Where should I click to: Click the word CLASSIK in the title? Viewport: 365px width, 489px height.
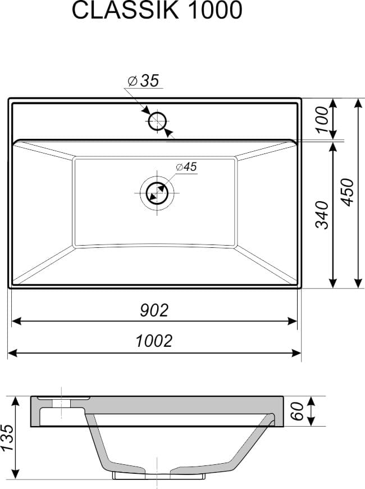click(x=125, y=10)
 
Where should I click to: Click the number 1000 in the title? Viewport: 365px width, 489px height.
click(x=215, y=10)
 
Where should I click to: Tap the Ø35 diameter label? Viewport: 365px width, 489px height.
click(x=143, y=81)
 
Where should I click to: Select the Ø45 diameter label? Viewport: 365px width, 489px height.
click(x=186, y=167)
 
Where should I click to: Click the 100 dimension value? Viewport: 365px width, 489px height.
click(x=322, y=120)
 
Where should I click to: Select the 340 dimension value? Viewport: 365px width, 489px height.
click(x=322, y=215)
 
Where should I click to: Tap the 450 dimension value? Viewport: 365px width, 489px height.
click(x=348, y=192)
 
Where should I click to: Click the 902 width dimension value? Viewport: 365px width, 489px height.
click(x=154, y=310)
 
